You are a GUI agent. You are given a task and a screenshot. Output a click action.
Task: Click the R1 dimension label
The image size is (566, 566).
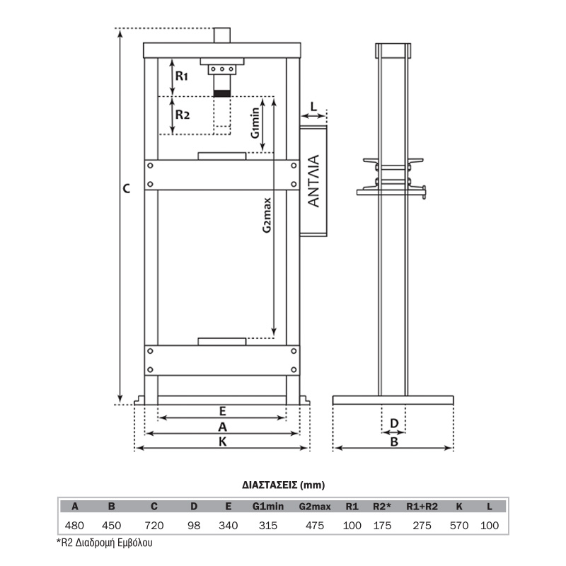[x=182, y=76]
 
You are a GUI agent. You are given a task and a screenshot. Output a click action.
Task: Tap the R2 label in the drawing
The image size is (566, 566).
[x=183, y=115]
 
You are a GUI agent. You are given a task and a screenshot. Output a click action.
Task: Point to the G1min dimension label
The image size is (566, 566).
[x=255, y=122]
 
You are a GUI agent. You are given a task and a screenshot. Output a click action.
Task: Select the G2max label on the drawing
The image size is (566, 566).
[x=267, y=215]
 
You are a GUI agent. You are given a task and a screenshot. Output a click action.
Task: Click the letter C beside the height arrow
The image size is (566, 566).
[x=127, y=188]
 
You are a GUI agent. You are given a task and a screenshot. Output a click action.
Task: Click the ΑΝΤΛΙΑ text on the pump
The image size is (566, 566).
[x=314, y=181]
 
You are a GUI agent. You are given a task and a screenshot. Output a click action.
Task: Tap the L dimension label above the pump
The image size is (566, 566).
[x=313, y=107]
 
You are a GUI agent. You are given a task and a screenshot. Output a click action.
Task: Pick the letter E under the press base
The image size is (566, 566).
[x=222, y=411]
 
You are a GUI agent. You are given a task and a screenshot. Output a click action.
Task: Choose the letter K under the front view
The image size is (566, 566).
[x=222, y=441]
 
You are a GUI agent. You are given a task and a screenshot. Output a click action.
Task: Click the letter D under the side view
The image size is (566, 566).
[x=394, y=423]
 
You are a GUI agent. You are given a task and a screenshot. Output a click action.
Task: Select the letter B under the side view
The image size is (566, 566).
[x=394, y=441]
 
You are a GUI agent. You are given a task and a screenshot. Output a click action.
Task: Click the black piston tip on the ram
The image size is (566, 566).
[x=222, y=93]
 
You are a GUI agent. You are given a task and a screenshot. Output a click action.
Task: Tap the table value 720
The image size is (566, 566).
[x=154, y=526]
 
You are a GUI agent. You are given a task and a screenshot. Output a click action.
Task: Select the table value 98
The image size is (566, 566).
[x=194, y=526]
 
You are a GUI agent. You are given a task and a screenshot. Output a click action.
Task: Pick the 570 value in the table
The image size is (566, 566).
[x=458, y=526]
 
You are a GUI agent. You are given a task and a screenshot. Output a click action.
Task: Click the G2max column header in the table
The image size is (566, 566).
[x=315, y=507]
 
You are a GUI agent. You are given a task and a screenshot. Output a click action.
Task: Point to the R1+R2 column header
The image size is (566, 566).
[x=422, y=507]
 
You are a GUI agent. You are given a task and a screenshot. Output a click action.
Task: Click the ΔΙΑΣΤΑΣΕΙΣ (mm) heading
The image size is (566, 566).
[x=284, y=485]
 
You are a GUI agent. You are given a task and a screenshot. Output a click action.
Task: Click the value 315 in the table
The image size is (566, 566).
[x=268, y=526]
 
